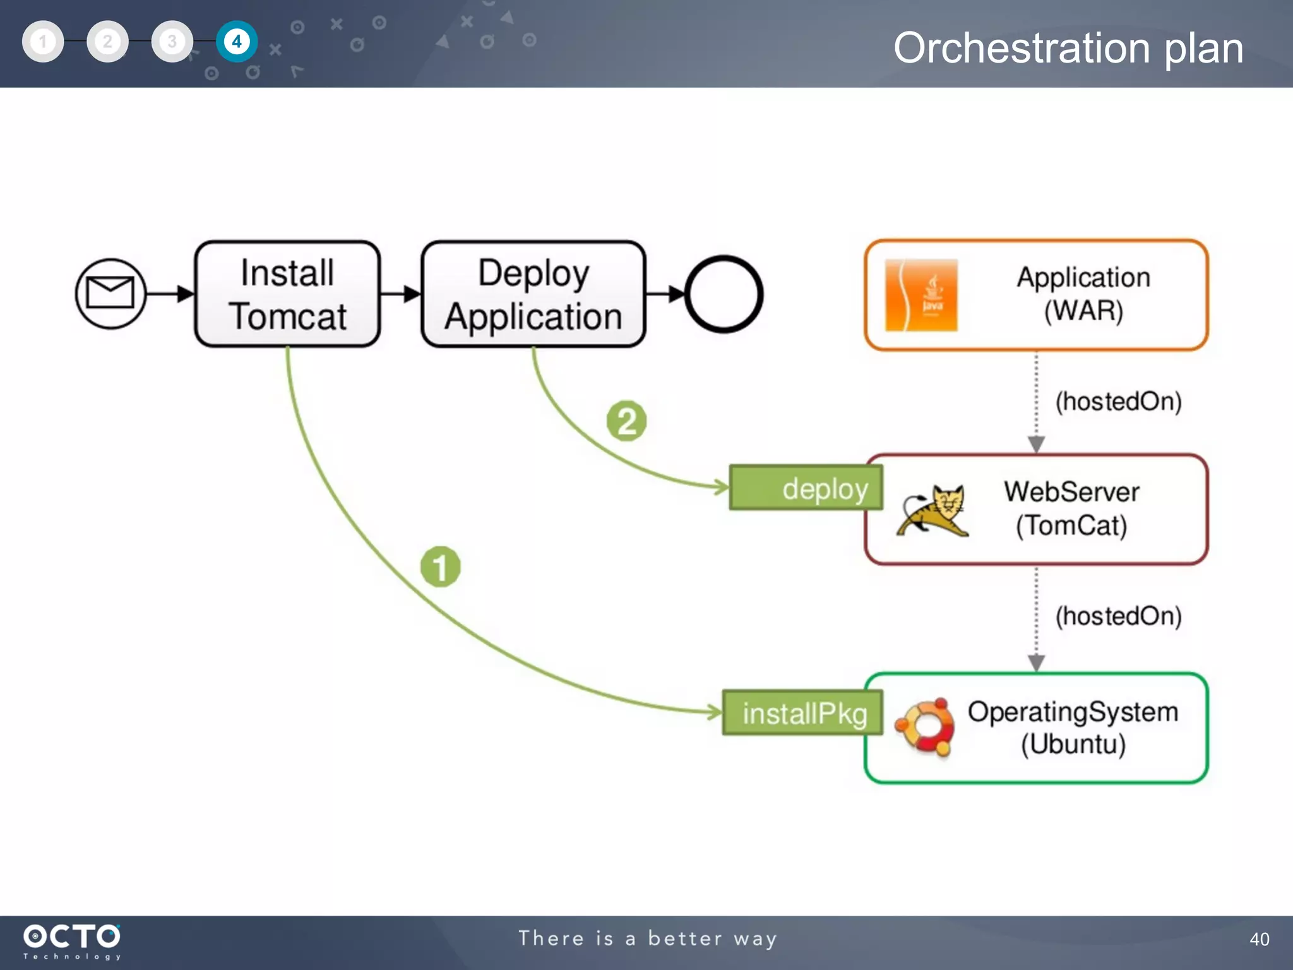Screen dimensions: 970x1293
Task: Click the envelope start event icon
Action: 110,294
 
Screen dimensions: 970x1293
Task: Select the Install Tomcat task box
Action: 287,294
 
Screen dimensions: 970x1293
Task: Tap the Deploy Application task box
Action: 533,294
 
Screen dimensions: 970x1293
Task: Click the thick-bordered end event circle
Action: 724,294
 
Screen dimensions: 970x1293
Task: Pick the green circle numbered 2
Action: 626,421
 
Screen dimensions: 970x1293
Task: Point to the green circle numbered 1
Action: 440,566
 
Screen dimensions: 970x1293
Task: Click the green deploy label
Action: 806,488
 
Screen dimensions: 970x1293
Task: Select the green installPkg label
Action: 802,713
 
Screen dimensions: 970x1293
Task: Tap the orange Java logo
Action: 921,295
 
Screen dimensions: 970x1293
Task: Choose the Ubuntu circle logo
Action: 925,727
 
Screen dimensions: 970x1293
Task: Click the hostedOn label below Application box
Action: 1118,402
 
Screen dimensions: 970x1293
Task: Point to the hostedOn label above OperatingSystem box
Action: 1118,616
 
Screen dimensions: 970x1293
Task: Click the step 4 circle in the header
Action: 237,42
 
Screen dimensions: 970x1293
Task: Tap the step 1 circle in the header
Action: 43,42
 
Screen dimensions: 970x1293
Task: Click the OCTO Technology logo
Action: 72,941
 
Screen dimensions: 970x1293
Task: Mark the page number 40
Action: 1259,939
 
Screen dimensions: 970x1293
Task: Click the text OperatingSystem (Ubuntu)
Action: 1073,727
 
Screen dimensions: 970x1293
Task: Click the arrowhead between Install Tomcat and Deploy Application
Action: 412,294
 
